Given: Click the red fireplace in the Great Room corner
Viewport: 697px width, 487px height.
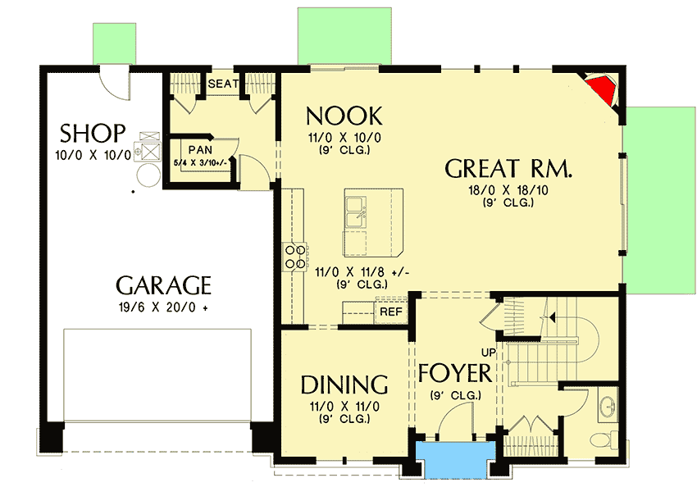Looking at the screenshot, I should click(x=604, y=89).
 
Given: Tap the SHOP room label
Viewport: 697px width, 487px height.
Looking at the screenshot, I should click(x=93, y=133).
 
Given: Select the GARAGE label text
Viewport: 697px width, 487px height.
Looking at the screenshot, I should click(x=163, y=286).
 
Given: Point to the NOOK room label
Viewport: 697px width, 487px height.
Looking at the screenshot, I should click(x=344, y=114).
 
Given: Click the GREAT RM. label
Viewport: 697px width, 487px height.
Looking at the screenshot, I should click(x=508, y=169).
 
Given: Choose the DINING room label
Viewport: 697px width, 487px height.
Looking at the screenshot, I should click(x=344, y=385).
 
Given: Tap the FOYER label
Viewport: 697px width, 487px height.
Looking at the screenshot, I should click(x=454, y=373).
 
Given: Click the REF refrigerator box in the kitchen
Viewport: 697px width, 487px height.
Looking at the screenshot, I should click(x=389, y=312).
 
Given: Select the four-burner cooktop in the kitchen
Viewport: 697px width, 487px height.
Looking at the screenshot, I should click(x=294, y=256).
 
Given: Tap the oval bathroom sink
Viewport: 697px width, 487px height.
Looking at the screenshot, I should click(x=608, y=405).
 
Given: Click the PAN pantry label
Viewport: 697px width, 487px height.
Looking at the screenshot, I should click(x=200, y=149).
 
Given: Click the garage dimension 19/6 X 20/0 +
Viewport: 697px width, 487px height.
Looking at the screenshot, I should click(x=163, y=308).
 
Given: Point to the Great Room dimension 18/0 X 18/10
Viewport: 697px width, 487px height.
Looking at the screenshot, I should click(x=508, y=189).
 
